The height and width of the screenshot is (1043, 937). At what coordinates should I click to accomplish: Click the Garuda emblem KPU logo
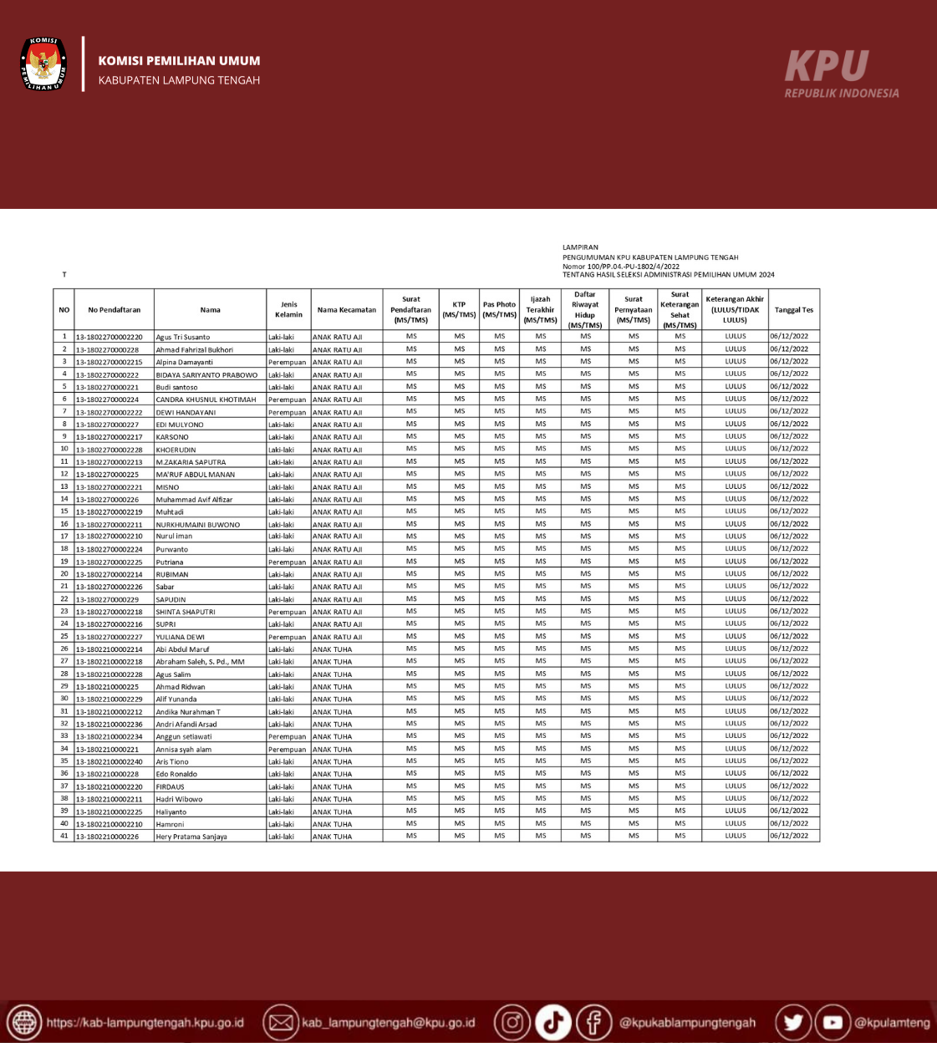tap(43, 64)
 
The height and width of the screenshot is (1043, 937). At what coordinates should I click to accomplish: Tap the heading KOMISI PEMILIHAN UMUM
tap(179, 61)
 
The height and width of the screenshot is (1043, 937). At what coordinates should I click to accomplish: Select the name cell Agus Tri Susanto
tap(183, 338)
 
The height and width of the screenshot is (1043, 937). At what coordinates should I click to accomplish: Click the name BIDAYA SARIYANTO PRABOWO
tap(206, 375)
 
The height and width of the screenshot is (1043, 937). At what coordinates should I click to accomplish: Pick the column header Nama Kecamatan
tap(346, 310)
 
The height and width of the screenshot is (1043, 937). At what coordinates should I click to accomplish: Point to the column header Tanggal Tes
tap(793, 310)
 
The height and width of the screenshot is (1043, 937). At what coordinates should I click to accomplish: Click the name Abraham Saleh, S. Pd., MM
tap(200, 662)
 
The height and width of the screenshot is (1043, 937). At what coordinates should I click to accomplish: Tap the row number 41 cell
tap(64, 836)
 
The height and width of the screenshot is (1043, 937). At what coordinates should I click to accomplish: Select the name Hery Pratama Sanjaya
tap(191, 837)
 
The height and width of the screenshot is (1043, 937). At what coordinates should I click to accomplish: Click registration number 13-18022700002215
tap(109, 363)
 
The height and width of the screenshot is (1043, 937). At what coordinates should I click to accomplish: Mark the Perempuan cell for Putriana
tap(287, 562)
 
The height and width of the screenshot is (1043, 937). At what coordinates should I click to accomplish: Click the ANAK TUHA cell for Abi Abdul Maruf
tap(333, 649)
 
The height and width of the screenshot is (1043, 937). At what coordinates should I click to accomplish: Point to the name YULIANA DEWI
tap(180, 637)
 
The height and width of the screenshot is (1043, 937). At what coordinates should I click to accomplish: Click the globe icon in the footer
tap(23, 1022)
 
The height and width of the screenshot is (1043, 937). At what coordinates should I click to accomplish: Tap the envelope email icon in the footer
tap(281, 1022)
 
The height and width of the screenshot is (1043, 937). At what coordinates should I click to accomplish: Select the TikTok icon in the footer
tap(553, 1022)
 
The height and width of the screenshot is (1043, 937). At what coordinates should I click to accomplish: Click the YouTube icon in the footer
tap(833, 1022)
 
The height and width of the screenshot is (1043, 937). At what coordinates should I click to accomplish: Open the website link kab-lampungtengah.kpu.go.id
tap(145, 1023)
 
